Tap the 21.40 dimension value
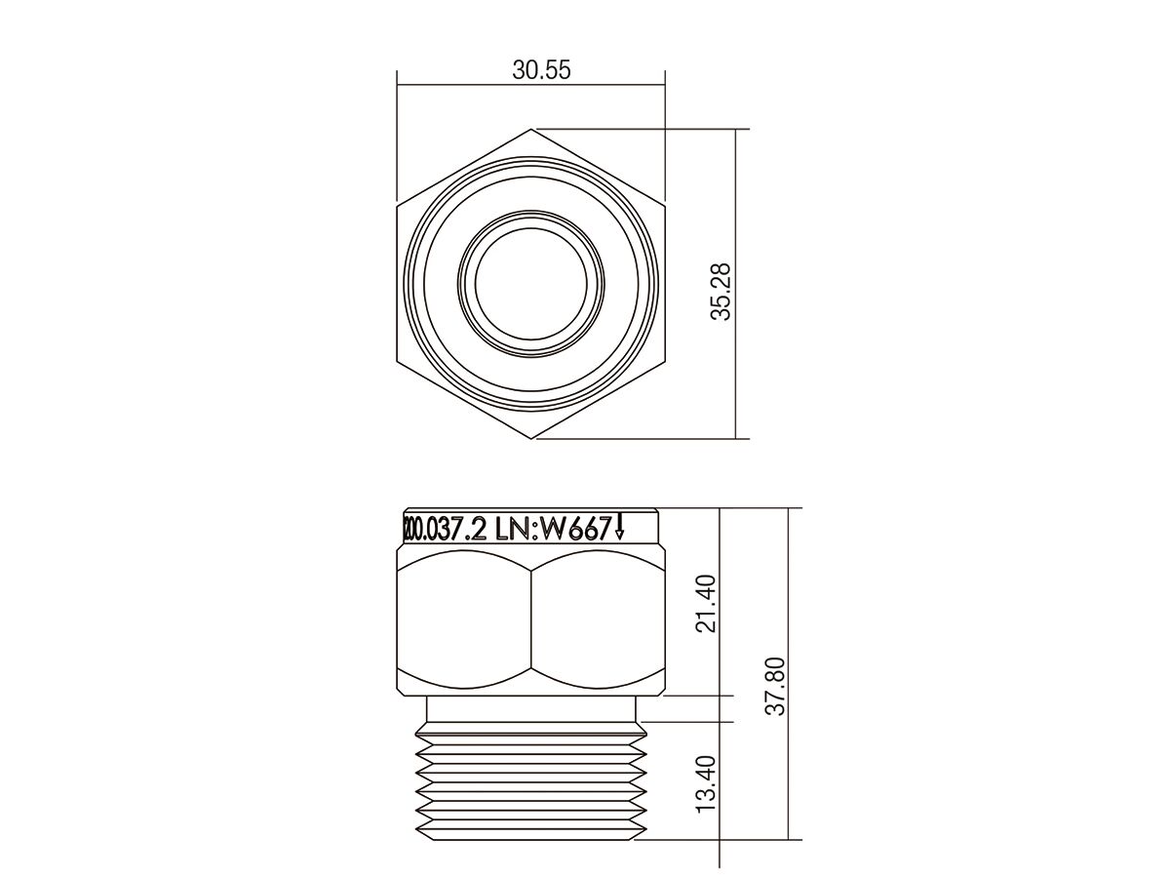coord(707,603)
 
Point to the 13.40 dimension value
coord(707,782)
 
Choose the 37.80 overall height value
coord(775,685)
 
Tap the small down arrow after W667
coord(620,528)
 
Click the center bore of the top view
coord(531,284)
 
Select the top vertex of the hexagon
coord(532,129)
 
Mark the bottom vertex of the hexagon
coord(532,439)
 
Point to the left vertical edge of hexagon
coord(397,284)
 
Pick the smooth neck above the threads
coord(531,709)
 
